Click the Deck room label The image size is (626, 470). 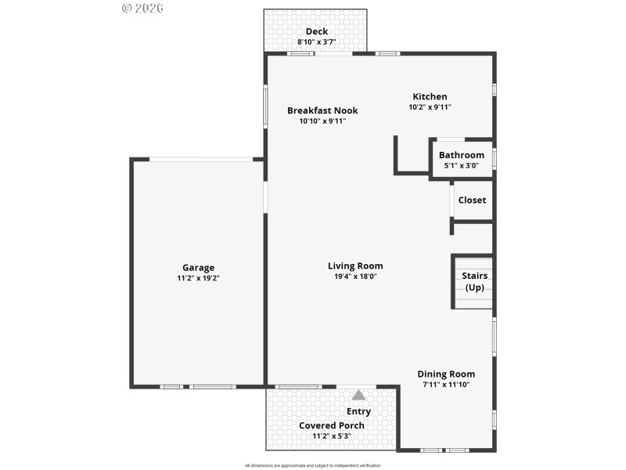coord(317,31)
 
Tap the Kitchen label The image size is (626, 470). coord(430,96)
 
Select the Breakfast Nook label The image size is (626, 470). coord(322,110)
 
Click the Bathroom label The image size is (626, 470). coord(461,155)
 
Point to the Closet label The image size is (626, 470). coord(472,200)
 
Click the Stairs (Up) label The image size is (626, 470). coord(474,281)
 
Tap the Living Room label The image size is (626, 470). coord(355,266)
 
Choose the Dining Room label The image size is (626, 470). coord(445,374)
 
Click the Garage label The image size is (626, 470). coord(198,267)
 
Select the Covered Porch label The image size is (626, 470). coord(332,425)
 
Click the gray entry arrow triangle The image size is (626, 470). coord(358,395)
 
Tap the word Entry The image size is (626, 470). coord(358,411)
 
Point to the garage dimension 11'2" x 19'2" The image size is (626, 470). coord(198,278)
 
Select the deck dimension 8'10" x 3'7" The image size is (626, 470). coord(317,42)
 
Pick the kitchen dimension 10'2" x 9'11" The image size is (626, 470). coord(430,107)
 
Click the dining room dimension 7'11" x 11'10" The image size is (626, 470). coord(445,385)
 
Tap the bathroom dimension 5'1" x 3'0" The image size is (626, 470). coord(461,165)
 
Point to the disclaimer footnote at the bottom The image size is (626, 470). coord(313,465)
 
